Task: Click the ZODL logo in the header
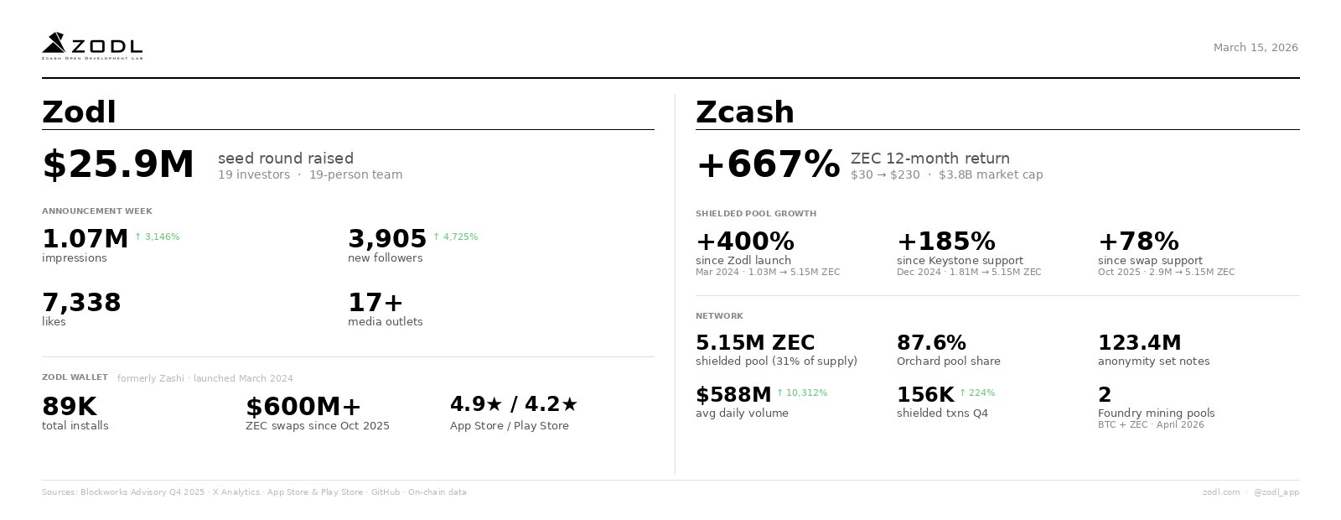click(92, 46)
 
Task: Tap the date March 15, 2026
click(1256, 48)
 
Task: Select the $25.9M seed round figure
click(118, 164)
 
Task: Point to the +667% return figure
click(768, 164)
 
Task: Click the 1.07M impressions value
click(85, 239)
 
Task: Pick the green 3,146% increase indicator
click(158, 237)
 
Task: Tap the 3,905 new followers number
click(387, 239)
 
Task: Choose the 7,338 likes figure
click(81, 303)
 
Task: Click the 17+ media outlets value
click(375, 303)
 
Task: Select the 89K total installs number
click(70, 407)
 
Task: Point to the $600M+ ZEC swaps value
click(303, 407)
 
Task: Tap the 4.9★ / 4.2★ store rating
click(514, 404)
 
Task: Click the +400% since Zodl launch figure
click(745, 242)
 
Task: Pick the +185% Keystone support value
click(946, 242)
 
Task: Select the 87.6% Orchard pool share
click(931, 343)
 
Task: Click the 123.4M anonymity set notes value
click(1139, 343)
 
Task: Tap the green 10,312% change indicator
click(802, 393)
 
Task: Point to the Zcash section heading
click(745, 112)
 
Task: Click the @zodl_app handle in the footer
click(1276, 492)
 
